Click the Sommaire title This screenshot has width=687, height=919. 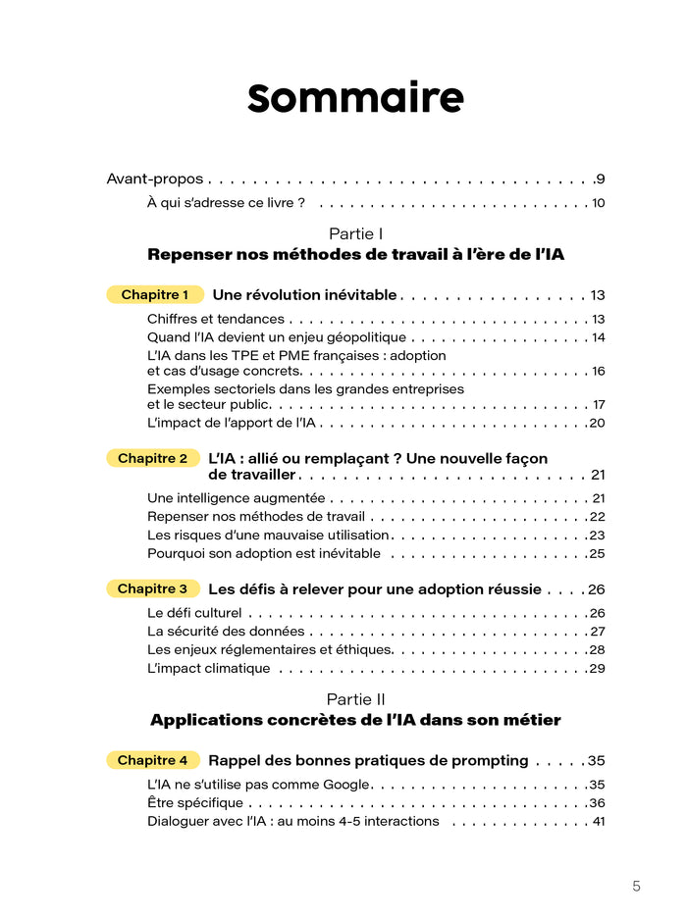point(355,98)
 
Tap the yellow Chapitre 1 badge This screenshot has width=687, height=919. point(155,294)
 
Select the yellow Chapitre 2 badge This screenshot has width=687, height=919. point(152,458)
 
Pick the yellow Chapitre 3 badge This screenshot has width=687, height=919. point(152,588)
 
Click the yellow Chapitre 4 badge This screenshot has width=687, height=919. point(152,760)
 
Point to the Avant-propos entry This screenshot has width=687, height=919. point(154,179)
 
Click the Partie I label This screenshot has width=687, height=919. point(355,233)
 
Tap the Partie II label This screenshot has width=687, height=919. point(355,698)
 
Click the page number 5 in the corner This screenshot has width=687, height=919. point(636,886)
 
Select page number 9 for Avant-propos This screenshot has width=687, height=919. point(600,179)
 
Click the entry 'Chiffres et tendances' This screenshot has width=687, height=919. point(216,319)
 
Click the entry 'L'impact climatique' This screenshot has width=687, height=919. point(208,669)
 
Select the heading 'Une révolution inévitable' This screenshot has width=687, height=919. point(304,294)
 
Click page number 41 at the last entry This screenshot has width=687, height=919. point(598,821)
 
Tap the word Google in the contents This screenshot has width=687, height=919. point(343,785)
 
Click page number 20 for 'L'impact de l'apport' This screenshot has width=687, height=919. point(597,423)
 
